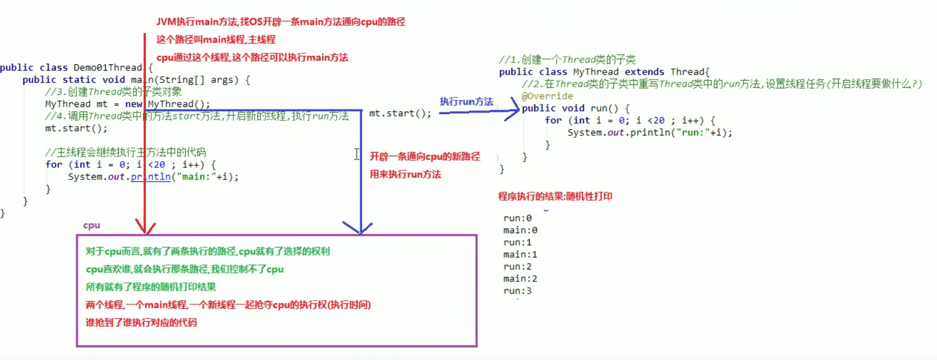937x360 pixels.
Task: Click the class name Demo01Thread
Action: point(108,67)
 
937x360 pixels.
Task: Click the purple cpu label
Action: point(92,225)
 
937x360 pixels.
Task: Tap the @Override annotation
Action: point(547,96)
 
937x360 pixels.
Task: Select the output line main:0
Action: point(520,230)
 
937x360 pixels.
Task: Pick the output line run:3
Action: point(517,291)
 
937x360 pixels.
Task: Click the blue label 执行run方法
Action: point(466,101)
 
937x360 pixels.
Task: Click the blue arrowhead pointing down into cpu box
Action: point(360,228)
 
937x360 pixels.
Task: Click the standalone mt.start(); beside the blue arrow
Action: point(400,113)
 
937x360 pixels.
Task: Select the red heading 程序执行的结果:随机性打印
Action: point(555,196)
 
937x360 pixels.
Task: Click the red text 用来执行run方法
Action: point(405,174)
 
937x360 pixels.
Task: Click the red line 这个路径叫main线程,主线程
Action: point(216,40)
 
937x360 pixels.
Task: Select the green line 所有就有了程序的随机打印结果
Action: point(151,287)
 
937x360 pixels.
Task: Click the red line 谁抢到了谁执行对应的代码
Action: point(141,322)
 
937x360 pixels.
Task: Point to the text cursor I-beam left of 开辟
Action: point(357,154)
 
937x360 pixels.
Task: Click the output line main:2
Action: point(520,279)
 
